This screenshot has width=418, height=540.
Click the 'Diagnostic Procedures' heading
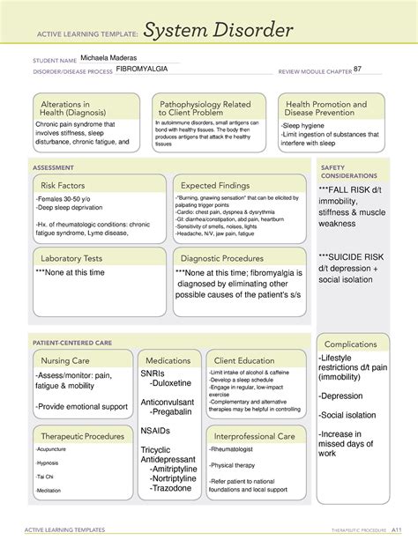point(222,258)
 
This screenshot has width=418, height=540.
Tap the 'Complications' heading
point(350,344)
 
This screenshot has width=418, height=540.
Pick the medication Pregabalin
point(176,411)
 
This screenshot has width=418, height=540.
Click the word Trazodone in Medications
point(173,487)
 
